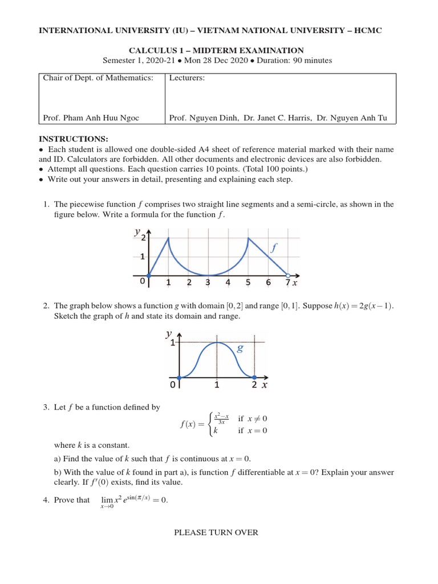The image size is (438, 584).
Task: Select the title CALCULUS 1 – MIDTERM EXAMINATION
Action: click(218, 50)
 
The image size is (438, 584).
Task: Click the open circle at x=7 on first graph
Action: click(288, 275)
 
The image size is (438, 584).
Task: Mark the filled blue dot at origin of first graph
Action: click(148, 275)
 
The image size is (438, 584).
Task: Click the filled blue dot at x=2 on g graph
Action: click(254, 377)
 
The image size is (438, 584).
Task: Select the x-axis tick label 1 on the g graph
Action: click(217, 386)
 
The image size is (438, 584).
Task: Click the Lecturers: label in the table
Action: click(187, 78)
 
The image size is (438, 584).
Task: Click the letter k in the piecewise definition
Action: click(216, 431)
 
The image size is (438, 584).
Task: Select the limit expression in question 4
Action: click(132, 501)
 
